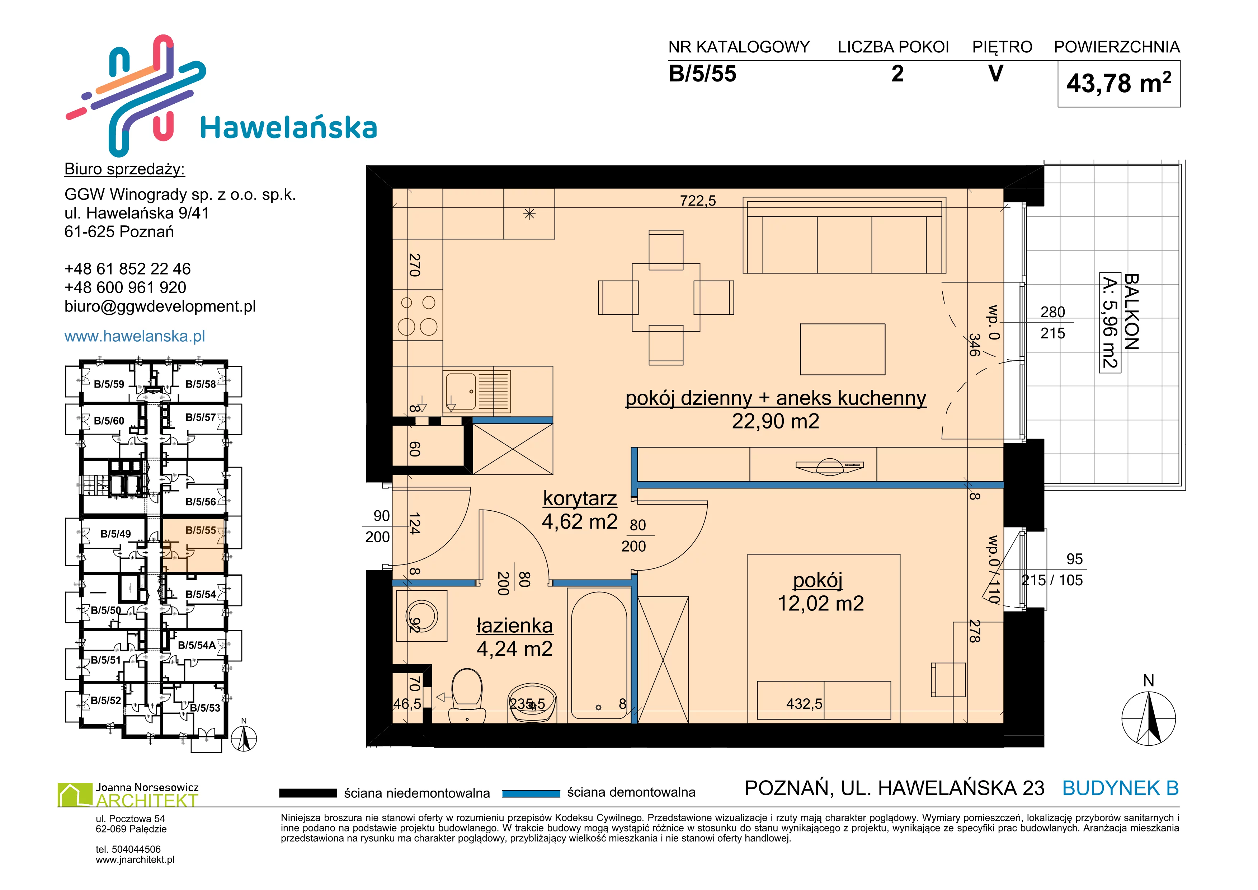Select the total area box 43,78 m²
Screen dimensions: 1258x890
pos(1118,84)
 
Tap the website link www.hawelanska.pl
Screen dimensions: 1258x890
pos(135,336)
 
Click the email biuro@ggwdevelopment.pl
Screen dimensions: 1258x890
pos(160,306)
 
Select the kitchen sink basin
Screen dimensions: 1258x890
pos(460,391)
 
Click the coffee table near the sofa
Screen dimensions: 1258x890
pos(843,349)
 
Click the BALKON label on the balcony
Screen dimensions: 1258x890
pos(1131,312)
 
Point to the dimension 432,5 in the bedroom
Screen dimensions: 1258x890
pos(804,704)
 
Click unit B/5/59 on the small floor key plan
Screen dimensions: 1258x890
pos(109,384)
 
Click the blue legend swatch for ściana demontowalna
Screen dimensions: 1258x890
pos(531,793)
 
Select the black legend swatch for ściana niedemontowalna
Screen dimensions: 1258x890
pos(307,793)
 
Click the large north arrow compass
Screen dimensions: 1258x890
pos(1149,718)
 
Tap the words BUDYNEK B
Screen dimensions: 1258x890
pos(1121,788)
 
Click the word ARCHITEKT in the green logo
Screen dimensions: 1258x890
pos(147,800)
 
